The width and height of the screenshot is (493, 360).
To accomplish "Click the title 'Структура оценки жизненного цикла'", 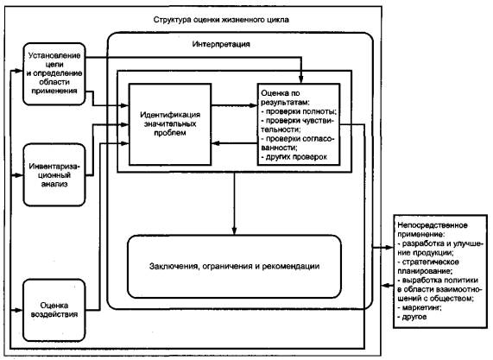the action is (x=221, y=20).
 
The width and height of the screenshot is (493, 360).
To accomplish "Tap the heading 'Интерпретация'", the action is (x=221, y=44).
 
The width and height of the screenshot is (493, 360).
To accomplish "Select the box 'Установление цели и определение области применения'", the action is (x=54, y=74).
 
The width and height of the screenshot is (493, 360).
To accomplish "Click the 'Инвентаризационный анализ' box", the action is (x=54, y=174).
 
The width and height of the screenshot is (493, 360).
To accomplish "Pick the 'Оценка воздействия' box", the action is (x=54, y=310).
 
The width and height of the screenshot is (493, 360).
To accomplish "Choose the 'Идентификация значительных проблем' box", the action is (x=170, y=124).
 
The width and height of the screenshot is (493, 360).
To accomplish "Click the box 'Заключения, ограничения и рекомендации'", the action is (x=234, y=266).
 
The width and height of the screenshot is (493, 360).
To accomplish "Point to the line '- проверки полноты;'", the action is (x=299, y=111).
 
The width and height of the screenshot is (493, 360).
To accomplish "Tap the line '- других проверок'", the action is (x=294, y=157).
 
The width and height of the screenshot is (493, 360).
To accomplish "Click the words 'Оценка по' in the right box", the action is (x=281, y=93).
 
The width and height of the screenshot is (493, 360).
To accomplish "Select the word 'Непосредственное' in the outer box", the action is (x=433, y=225).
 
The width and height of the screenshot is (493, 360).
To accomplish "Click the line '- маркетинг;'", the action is (x=420, y=307).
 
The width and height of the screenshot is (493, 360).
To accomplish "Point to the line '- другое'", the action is (x=412, y=317).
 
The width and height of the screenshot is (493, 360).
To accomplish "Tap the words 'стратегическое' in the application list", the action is (x=431, y=262).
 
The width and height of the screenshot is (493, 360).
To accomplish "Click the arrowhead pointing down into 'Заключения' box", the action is (x=234, y=231).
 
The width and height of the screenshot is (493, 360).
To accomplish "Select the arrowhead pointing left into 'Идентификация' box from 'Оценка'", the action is (x=215, y=143).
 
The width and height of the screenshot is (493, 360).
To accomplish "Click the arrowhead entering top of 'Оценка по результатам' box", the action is (x=300, y=79).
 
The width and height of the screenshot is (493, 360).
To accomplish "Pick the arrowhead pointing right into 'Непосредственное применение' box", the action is (x=389, y=248).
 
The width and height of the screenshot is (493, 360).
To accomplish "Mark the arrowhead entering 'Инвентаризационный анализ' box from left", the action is (x=19, y=175).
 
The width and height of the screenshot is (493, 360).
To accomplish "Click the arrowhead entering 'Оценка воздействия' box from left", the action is (x=19, y=310).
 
